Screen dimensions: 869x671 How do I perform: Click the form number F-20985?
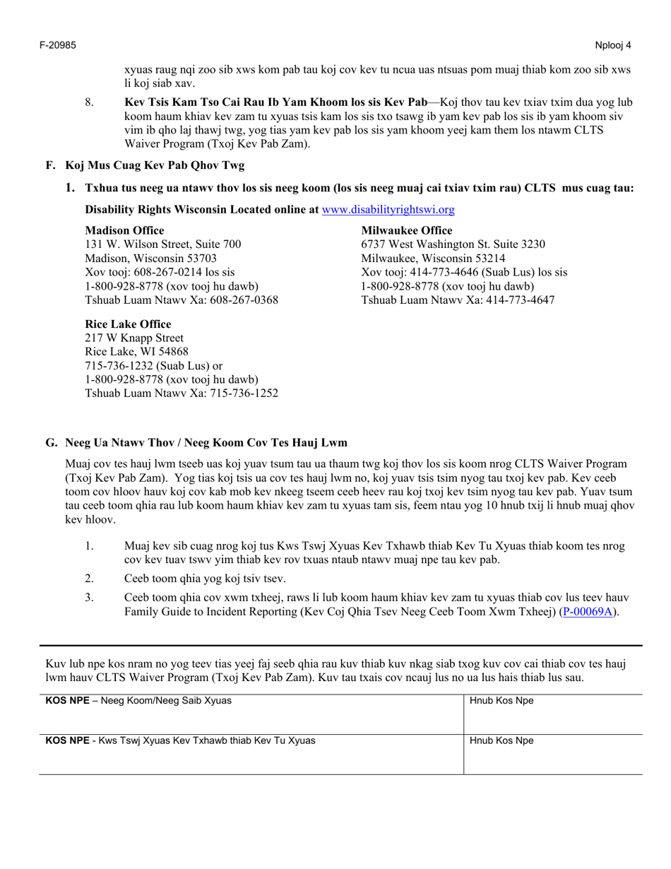(x=57, y=45)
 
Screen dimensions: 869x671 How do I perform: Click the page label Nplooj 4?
(x=613, y=45)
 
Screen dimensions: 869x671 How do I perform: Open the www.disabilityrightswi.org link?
(x=388, y=210)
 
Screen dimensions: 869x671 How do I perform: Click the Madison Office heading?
(x=124, y=230)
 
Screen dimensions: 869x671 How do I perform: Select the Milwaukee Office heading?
(x=407, y=230)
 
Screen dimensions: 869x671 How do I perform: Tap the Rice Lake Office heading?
(x=128, y=324)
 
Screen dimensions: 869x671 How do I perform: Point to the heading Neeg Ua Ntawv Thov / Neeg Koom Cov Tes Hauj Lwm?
(x=206, y=443)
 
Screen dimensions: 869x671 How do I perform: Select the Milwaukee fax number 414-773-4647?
(x=513, y=300)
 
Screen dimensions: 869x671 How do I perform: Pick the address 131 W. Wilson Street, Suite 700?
(x=162, y=244)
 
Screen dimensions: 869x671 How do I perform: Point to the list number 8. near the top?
(x=90, y=102)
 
